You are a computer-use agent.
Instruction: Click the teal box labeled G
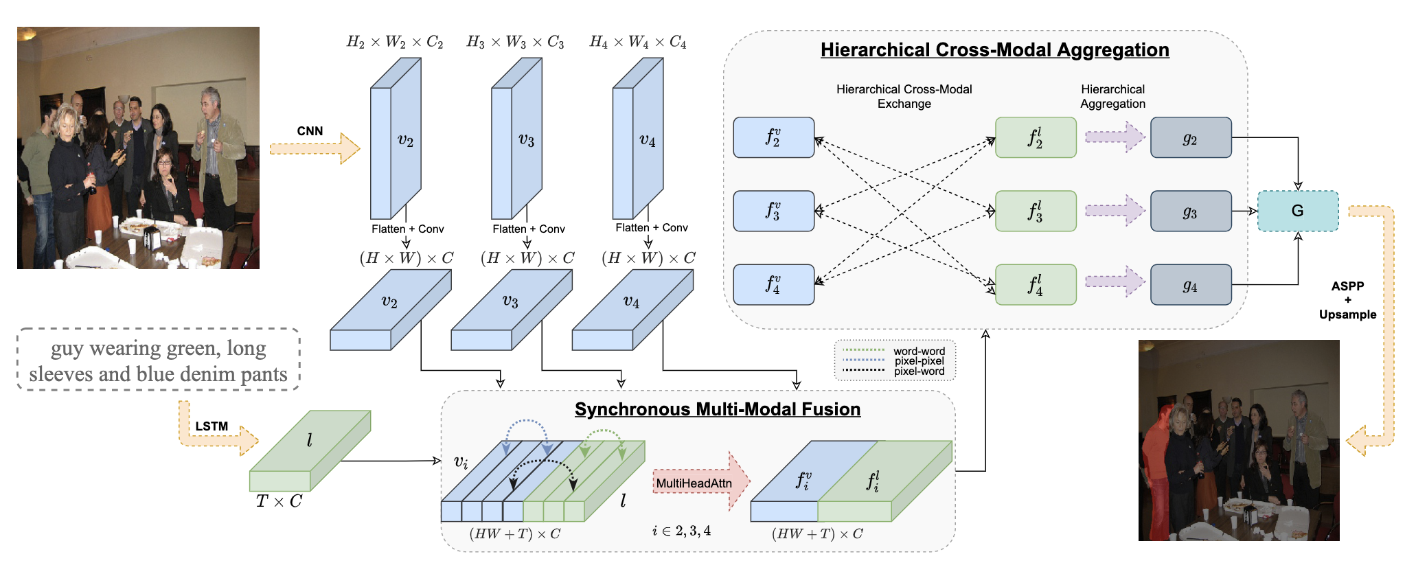tap(1297, 211)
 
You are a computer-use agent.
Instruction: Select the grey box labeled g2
tap(1191, 137)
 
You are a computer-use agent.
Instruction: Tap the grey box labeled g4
tap(1191, 284)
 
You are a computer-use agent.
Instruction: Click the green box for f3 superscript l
tap(1036, 211)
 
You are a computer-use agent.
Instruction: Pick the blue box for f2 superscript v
tap(773, 137)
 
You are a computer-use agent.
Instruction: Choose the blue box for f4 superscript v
tap(773, 284)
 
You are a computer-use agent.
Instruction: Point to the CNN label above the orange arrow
tap(310, 131)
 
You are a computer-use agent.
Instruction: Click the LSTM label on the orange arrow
tap(212, 426)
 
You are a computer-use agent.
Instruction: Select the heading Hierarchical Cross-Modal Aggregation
tap(994, 50)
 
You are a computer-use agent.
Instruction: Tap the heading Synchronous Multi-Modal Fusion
tap(717, 409)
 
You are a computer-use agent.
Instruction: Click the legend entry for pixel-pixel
tap(919, 361)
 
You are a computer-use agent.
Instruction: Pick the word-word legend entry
tap(919, 352)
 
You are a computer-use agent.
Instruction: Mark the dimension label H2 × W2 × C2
tap(395, 43)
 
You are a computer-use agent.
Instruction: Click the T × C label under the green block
tap(279, 502)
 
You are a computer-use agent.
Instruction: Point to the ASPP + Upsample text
tap(1347, 300)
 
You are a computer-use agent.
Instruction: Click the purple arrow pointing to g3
tap(1115, 211)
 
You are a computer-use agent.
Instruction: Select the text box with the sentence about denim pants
tap(158, 360)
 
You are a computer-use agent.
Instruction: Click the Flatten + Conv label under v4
tap(651, 228)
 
